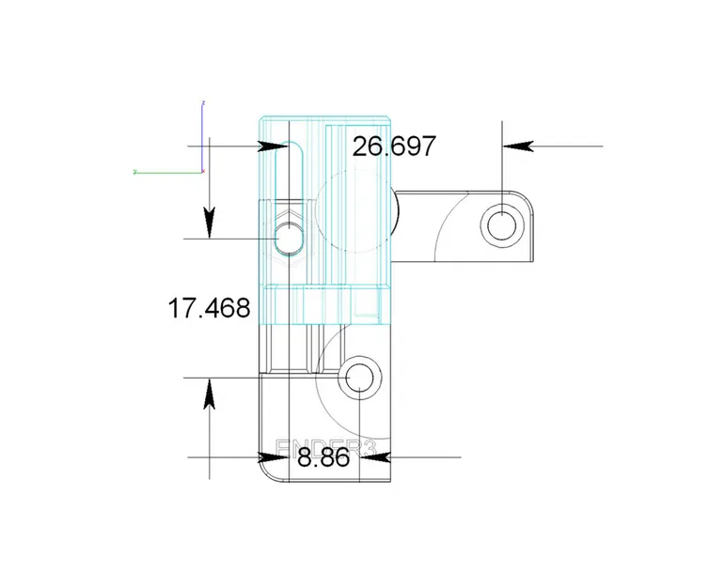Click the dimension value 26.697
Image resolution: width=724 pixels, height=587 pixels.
[x=393, y=146]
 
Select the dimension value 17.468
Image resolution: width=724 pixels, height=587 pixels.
[x=209, y=307]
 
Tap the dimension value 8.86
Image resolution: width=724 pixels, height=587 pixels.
[x=323, y=458]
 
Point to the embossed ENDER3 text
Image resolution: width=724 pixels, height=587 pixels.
[x=324, y=448]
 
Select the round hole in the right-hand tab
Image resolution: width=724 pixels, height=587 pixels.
[x=502, y=224]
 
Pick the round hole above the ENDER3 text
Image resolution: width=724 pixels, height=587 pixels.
[x=361, y=378]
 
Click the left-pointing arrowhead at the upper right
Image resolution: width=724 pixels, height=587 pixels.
[x=517, y=146]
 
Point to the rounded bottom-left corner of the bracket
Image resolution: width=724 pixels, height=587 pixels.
[x=269, y=475]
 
